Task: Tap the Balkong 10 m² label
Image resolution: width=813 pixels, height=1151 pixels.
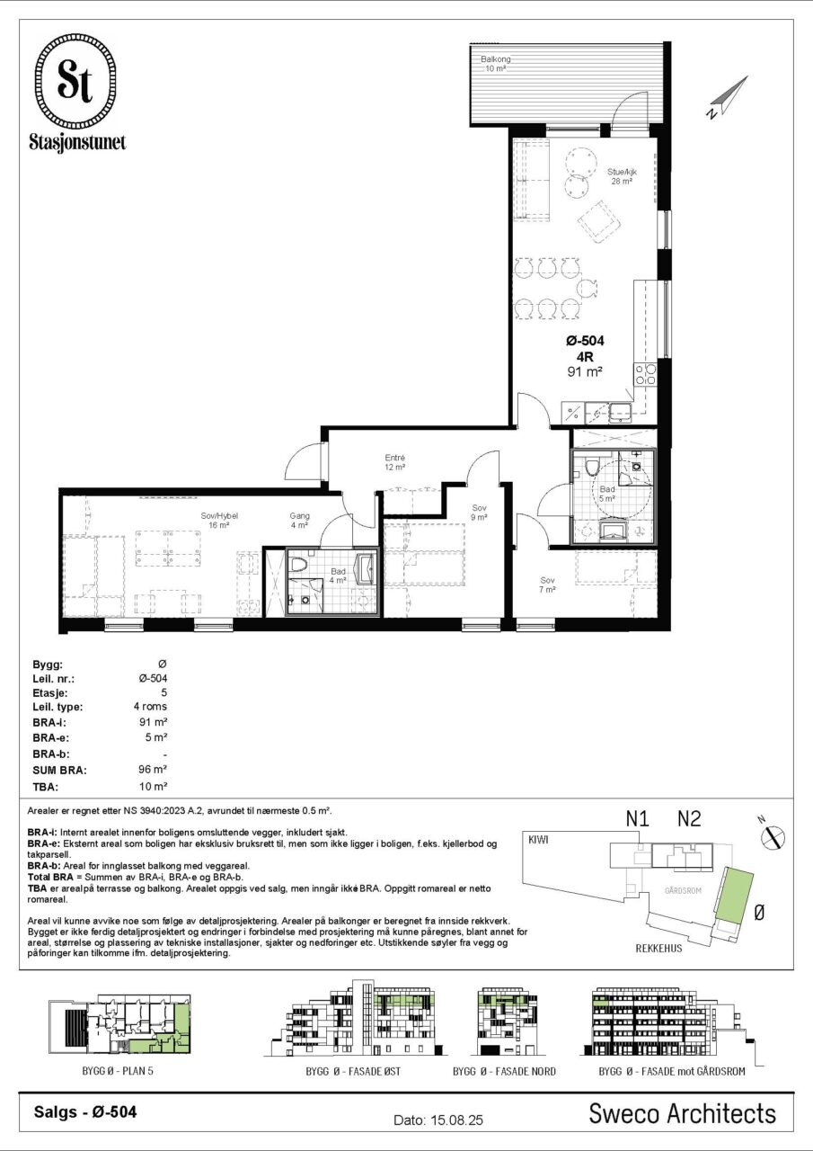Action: click(495, 64)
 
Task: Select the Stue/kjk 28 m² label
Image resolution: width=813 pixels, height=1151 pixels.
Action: click(622, 176)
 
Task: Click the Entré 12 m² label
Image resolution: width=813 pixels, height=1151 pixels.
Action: click(395, 462)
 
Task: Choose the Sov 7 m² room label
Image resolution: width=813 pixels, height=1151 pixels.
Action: click(547, 584)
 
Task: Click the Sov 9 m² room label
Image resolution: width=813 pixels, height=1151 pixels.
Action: click(479, 513)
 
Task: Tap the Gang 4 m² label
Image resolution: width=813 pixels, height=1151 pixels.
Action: click(299, 520)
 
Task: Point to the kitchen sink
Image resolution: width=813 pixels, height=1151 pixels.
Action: click(620, 412)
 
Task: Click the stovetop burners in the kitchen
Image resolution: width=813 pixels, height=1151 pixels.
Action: click(646, 373)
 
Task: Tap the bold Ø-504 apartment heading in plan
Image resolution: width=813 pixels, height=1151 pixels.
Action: click(585, 340)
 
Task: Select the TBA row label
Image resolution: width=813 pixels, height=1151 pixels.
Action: click(46, 787)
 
